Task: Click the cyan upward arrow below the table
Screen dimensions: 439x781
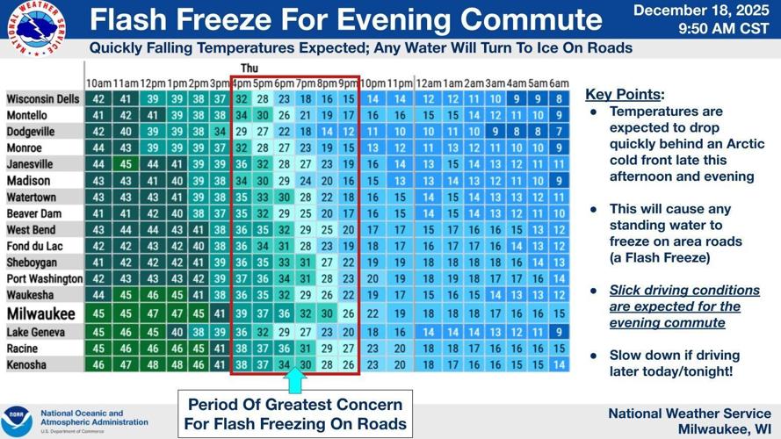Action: (295, 380)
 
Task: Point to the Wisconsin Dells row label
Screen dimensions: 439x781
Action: (43, 99)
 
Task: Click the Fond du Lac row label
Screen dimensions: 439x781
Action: (33, 246)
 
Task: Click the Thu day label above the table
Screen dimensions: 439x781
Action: (249, 68)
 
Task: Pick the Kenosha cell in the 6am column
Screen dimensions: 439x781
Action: (559, 363)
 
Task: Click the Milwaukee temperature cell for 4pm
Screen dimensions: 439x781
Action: (241, 314)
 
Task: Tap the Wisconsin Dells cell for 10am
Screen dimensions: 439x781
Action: (98, 99)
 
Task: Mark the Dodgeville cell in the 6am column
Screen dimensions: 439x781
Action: (559, 132)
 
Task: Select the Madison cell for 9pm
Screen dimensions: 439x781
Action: (349, 181)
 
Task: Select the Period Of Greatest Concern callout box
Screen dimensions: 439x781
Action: (295, 414)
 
